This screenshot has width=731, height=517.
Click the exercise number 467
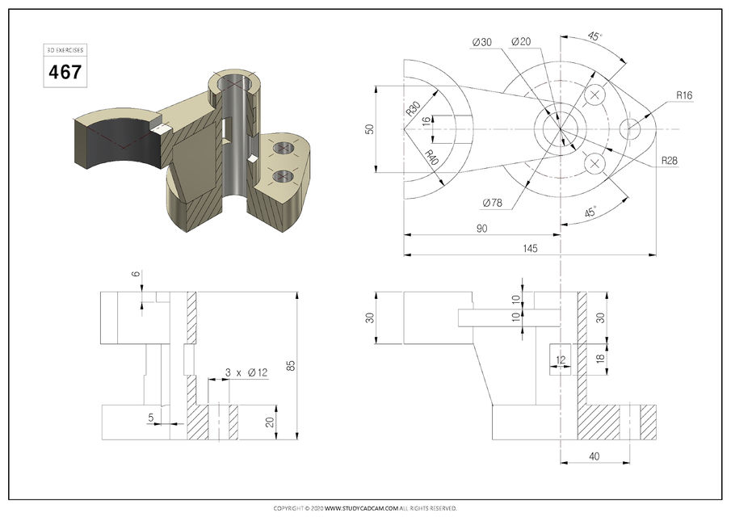click(65, 71)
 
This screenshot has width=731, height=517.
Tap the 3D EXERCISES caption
click(65, 50)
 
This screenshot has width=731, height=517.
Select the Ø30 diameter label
click(481, 42)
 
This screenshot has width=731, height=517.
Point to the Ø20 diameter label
click(522, 42)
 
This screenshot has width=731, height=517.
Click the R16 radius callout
click(684, 95)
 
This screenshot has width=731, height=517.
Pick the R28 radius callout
click(669, 161)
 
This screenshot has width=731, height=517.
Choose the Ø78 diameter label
click(493, 203)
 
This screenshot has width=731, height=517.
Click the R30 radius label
click(413, 109)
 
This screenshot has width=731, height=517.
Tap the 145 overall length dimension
click(529, 248)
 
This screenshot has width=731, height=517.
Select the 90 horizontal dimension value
click(481, 229)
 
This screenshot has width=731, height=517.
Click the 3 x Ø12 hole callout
click(246, 372)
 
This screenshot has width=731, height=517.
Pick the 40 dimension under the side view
click(594, 457)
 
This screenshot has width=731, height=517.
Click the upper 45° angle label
click(594, 37)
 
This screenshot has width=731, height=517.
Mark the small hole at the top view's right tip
click(632, 128)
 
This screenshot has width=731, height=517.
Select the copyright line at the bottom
click(365, 508)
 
